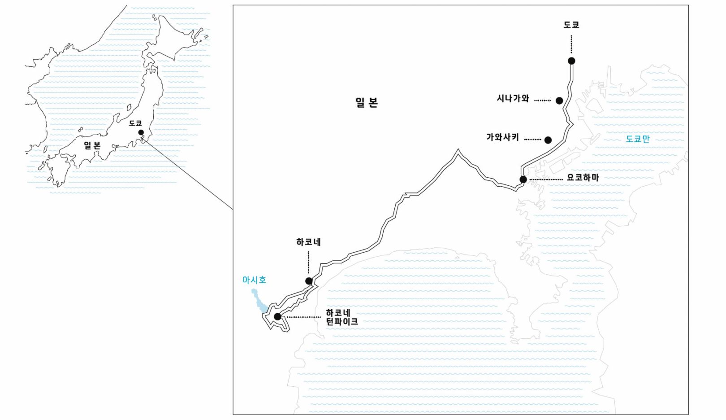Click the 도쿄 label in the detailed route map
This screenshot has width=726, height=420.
point(571,25)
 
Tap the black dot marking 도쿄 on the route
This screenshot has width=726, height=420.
point(571,61)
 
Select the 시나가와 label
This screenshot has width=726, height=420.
point(513,98)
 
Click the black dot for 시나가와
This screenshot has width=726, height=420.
point(559,101)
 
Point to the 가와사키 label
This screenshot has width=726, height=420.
point(503,137)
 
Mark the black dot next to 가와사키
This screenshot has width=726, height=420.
point(548,140)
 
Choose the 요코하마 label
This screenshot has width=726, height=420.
point(583,178)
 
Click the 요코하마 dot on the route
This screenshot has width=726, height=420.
point(523,179)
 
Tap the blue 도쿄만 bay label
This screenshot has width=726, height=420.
point(638,139)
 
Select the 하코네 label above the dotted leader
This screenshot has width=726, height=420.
point(308,242)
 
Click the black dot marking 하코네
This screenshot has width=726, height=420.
point(309,281)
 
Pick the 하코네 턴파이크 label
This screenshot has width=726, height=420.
point(342,317)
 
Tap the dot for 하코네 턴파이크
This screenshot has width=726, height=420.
point(277,316)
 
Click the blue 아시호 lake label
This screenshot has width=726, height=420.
point(255,280)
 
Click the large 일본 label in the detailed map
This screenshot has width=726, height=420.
point(367,103)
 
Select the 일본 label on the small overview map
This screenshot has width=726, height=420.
point(92,145)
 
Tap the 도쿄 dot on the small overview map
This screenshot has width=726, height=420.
point(141,132)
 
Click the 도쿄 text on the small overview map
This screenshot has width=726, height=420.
point(135,123)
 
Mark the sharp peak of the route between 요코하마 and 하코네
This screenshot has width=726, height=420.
point(458,151)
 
